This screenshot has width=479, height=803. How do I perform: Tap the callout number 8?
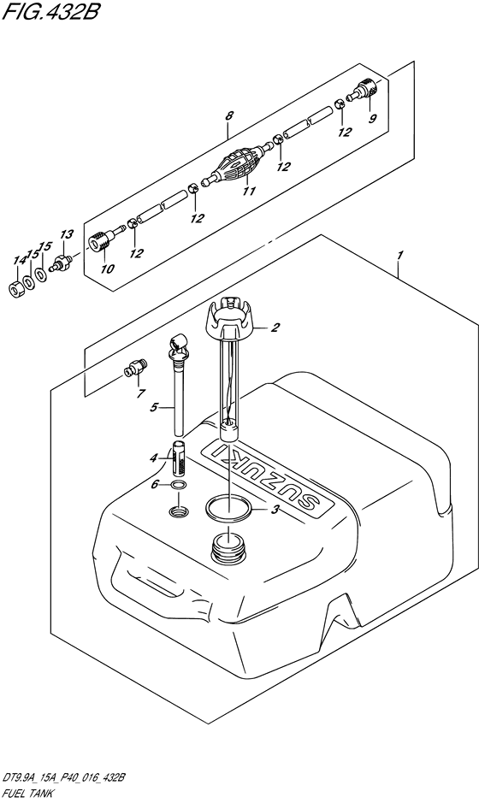(x=229, y=115)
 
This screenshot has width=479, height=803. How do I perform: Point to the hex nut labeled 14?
(x=17, y=289)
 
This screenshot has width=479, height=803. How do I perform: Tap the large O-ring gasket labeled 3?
(x=229, y=507)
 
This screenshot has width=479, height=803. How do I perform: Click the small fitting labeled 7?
(x=135, y=367)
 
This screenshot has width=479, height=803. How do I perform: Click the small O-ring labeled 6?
(x=178, y=485)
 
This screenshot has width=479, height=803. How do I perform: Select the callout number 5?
(x=154, y=408)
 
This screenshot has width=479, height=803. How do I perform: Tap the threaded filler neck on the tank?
(x=228, y=546)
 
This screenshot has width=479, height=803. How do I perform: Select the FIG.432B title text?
(x=49, y=12)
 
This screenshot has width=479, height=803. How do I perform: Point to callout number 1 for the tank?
(x=400, y=255)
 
